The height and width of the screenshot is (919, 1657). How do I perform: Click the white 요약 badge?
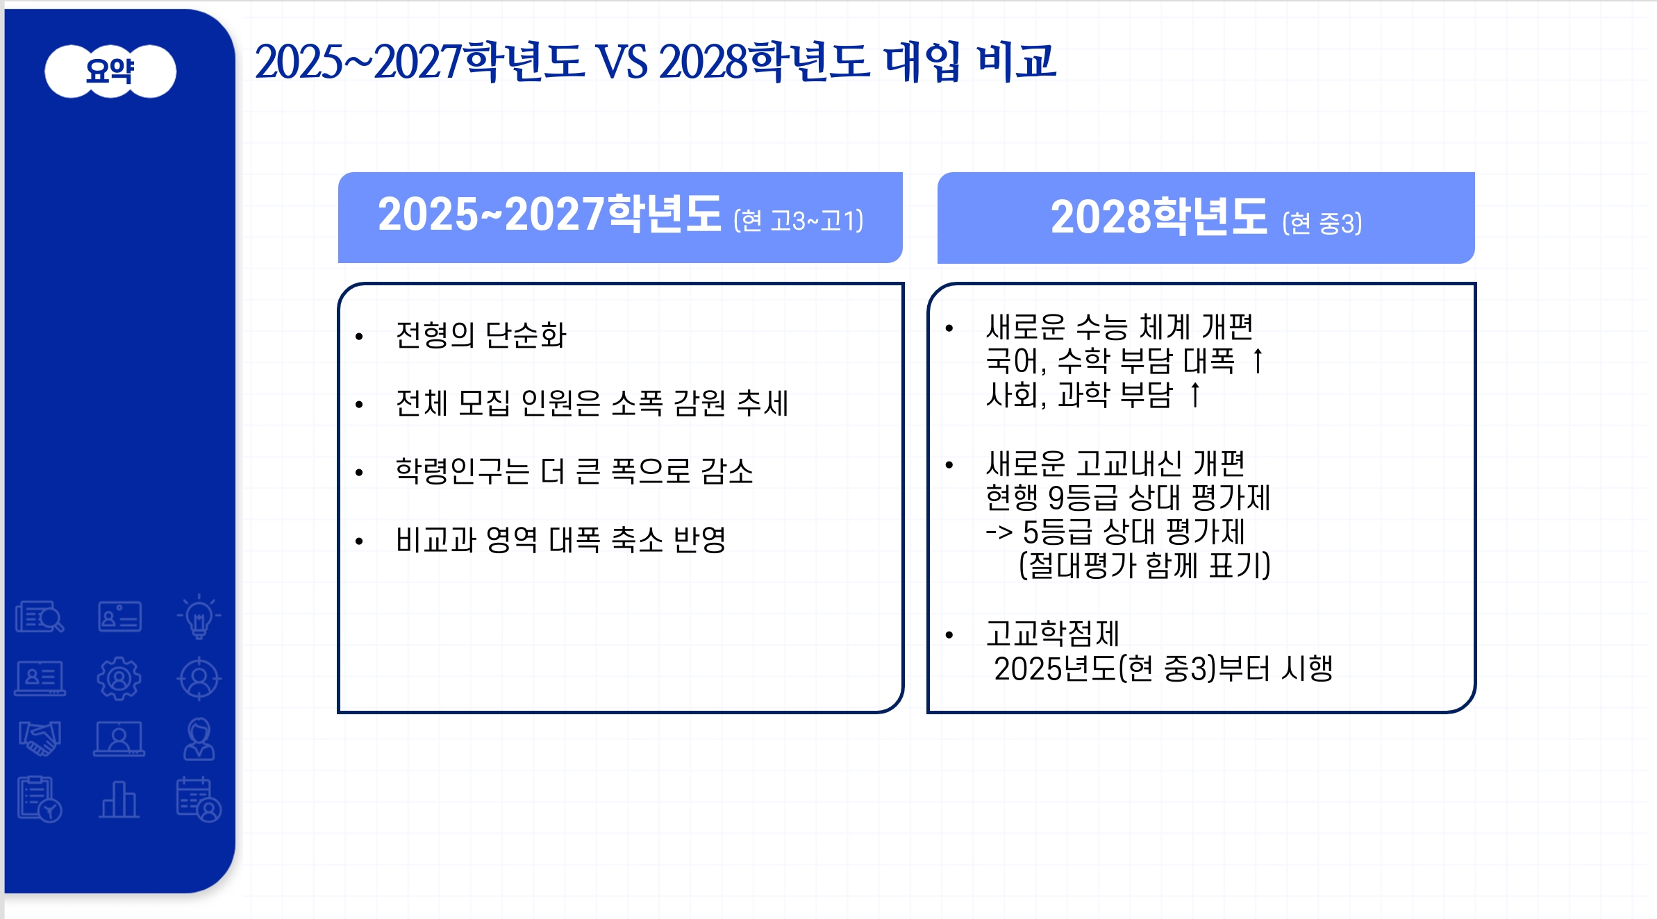click(110, 71)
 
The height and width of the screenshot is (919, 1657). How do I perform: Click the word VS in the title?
click(623, 62)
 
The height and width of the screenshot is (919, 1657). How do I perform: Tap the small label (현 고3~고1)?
click(799, 221)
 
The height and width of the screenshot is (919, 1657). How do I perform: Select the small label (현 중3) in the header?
click(1322, 224)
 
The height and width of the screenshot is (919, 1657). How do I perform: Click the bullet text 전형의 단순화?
click(481, 335)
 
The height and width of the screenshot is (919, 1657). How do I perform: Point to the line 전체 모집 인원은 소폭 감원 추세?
click(592, 403)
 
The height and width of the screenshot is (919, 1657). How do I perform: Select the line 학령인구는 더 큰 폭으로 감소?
click(574, 471)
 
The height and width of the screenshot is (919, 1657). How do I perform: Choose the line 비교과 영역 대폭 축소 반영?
click(560, 539)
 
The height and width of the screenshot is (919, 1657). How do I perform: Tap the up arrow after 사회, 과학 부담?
click(1194, 395)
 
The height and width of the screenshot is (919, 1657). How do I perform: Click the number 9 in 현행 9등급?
click(1056, 498)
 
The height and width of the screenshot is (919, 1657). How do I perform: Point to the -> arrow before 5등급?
click(999, 532)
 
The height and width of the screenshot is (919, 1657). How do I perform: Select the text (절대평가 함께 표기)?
click(1144, 566)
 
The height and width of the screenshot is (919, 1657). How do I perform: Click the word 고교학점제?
click(1053, 634)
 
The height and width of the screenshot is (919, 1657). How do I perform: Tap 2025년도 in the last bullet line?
click(1055, 668)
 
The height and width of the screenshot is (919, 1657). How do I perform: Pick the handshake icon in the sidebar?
click(40, 738)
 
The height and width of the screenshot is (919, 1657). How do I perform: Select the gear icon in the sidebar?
click(119, 678)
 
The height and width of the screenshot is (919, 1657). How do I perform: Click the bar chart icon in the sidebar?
click(119, 800)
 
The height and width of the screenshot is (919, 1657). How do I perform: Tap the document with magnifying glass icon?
click(40, 616)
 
